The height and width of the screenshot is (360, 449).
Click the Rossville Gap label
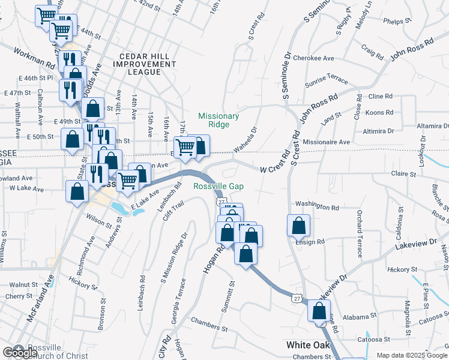218,186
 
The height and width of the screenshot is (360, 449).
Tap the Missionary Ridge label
218,120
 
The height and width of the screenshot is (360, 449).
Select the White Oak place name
306,345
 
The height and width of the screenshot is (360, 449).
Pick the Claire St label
403,174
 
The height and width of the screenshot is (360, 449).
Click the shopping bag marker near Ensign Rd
298,226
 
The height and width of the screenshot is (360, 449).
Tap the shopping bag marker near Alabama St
319,311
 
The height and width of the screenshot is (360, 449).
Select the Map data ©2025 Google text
412,355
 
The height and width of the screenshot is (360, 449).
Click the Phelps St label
396,22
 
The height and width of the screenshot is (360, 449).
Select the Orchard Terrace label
360,229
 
